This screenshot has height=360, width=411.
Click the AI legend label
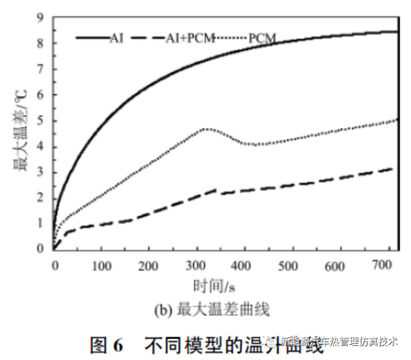point(117,38)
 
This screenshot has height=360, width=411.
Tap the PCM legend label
point(262,39)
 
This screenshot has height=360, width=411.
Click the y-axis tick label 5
point(40,120)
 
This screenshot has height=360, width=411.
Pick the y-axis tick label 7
point(40,69)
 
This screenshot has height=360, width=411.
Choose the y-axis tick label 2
point(40,197)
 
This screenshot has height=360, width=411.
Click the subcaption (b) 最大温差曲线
point(217,311)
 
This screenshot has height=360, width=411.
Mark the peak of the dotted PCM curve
point(207,129)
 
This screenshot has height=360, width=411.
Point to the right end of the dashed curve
point(392,168)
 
